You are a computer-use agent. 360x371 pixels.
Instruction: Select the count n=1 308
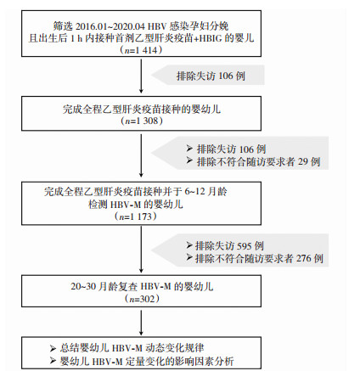click(142, 121)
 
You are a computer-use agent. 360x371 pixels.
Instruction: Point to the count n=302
click(142, 299)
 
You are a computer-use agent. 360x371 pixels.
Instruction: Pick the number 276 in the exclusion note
click(303, 258)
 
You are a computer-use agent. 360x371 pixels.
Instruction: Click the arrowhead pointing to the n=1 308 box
click(141, 91)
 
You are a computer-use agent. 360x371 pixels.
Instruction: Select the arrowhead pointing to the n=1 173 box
click(141, 174)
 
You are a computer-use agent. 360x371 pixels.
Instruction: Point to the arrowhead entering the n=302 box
click(141, 270)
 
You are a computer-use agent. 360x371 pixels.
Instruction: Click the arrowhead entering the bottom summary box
click(141, 332)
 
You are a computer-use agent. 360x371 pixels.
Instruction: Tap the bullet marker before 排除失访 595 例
click(189, 245)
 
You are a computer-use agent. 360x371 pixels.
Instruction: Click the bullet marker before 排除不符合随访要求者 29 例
click(189, 161)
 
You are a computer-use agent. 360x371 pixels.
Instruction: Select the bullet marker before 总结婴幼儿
click(53, 348)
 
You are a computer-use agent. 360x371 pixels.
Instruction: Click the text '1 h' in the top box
click(76, 38)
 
